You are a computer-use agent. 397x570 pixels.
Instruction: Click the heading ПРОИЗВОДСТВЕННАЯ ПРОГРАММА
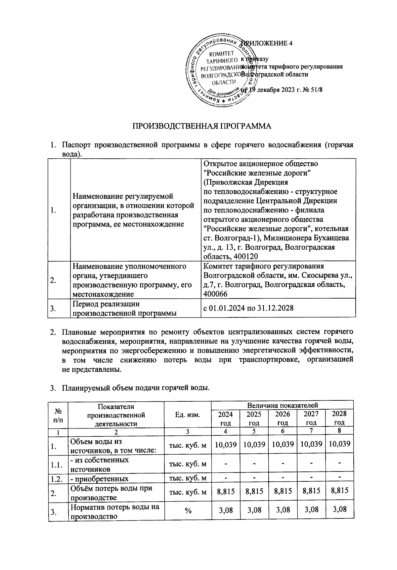pyautogui.click(x=202, y=126)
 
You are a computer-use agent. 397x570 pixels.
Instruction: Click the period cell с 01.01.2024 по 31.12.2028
pyautogui.click(x=248, y=308)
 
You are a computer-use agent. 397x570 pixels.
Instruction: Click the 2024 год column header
pyautogui.click(x=225, y=418)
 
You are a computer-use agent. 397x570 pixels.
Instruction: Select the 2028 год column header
pyautogui.click(x=339, y=418)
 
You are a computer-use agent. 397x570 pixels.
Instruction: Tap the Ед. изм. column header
pyautogui.click(x=188, y=415)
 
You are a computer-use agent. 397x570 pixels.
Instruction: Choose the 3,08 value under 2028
pyautogui.click(x=339, y=509)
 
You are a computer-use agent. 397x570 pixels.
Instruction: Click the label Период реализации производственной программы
pyautogui.click(x=124, y=308)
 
